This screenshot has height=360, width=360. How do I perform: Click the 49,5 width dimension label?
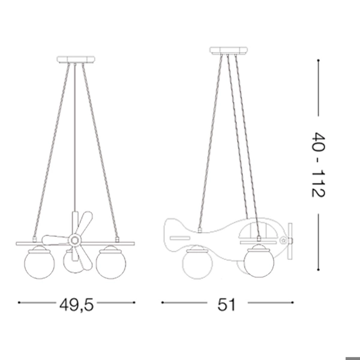coord(76,305)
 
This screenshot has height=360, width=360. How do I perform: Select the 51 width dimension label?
coord(227,305)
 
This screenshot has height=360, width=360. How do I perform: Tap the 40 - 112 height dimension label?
coord(318,164)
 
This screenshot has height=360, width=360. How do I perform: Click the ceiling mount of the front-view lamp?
coord(76,59)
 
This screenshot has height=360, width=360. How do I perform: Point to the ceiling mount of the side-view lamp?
coord(229,50)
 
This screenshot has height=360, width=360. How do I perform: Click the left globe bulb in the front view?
coord(39,262)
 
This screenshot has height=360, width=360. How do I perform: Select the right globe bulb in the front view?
coord(111,262)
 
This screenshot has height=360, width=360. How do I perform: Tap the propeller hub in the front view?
coord(74,240)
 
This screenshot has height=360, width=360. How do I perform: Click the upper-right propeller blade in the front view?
coord(85,223)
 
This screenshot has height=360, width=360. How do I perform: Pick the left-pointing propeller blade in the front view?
coord(56,239)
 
